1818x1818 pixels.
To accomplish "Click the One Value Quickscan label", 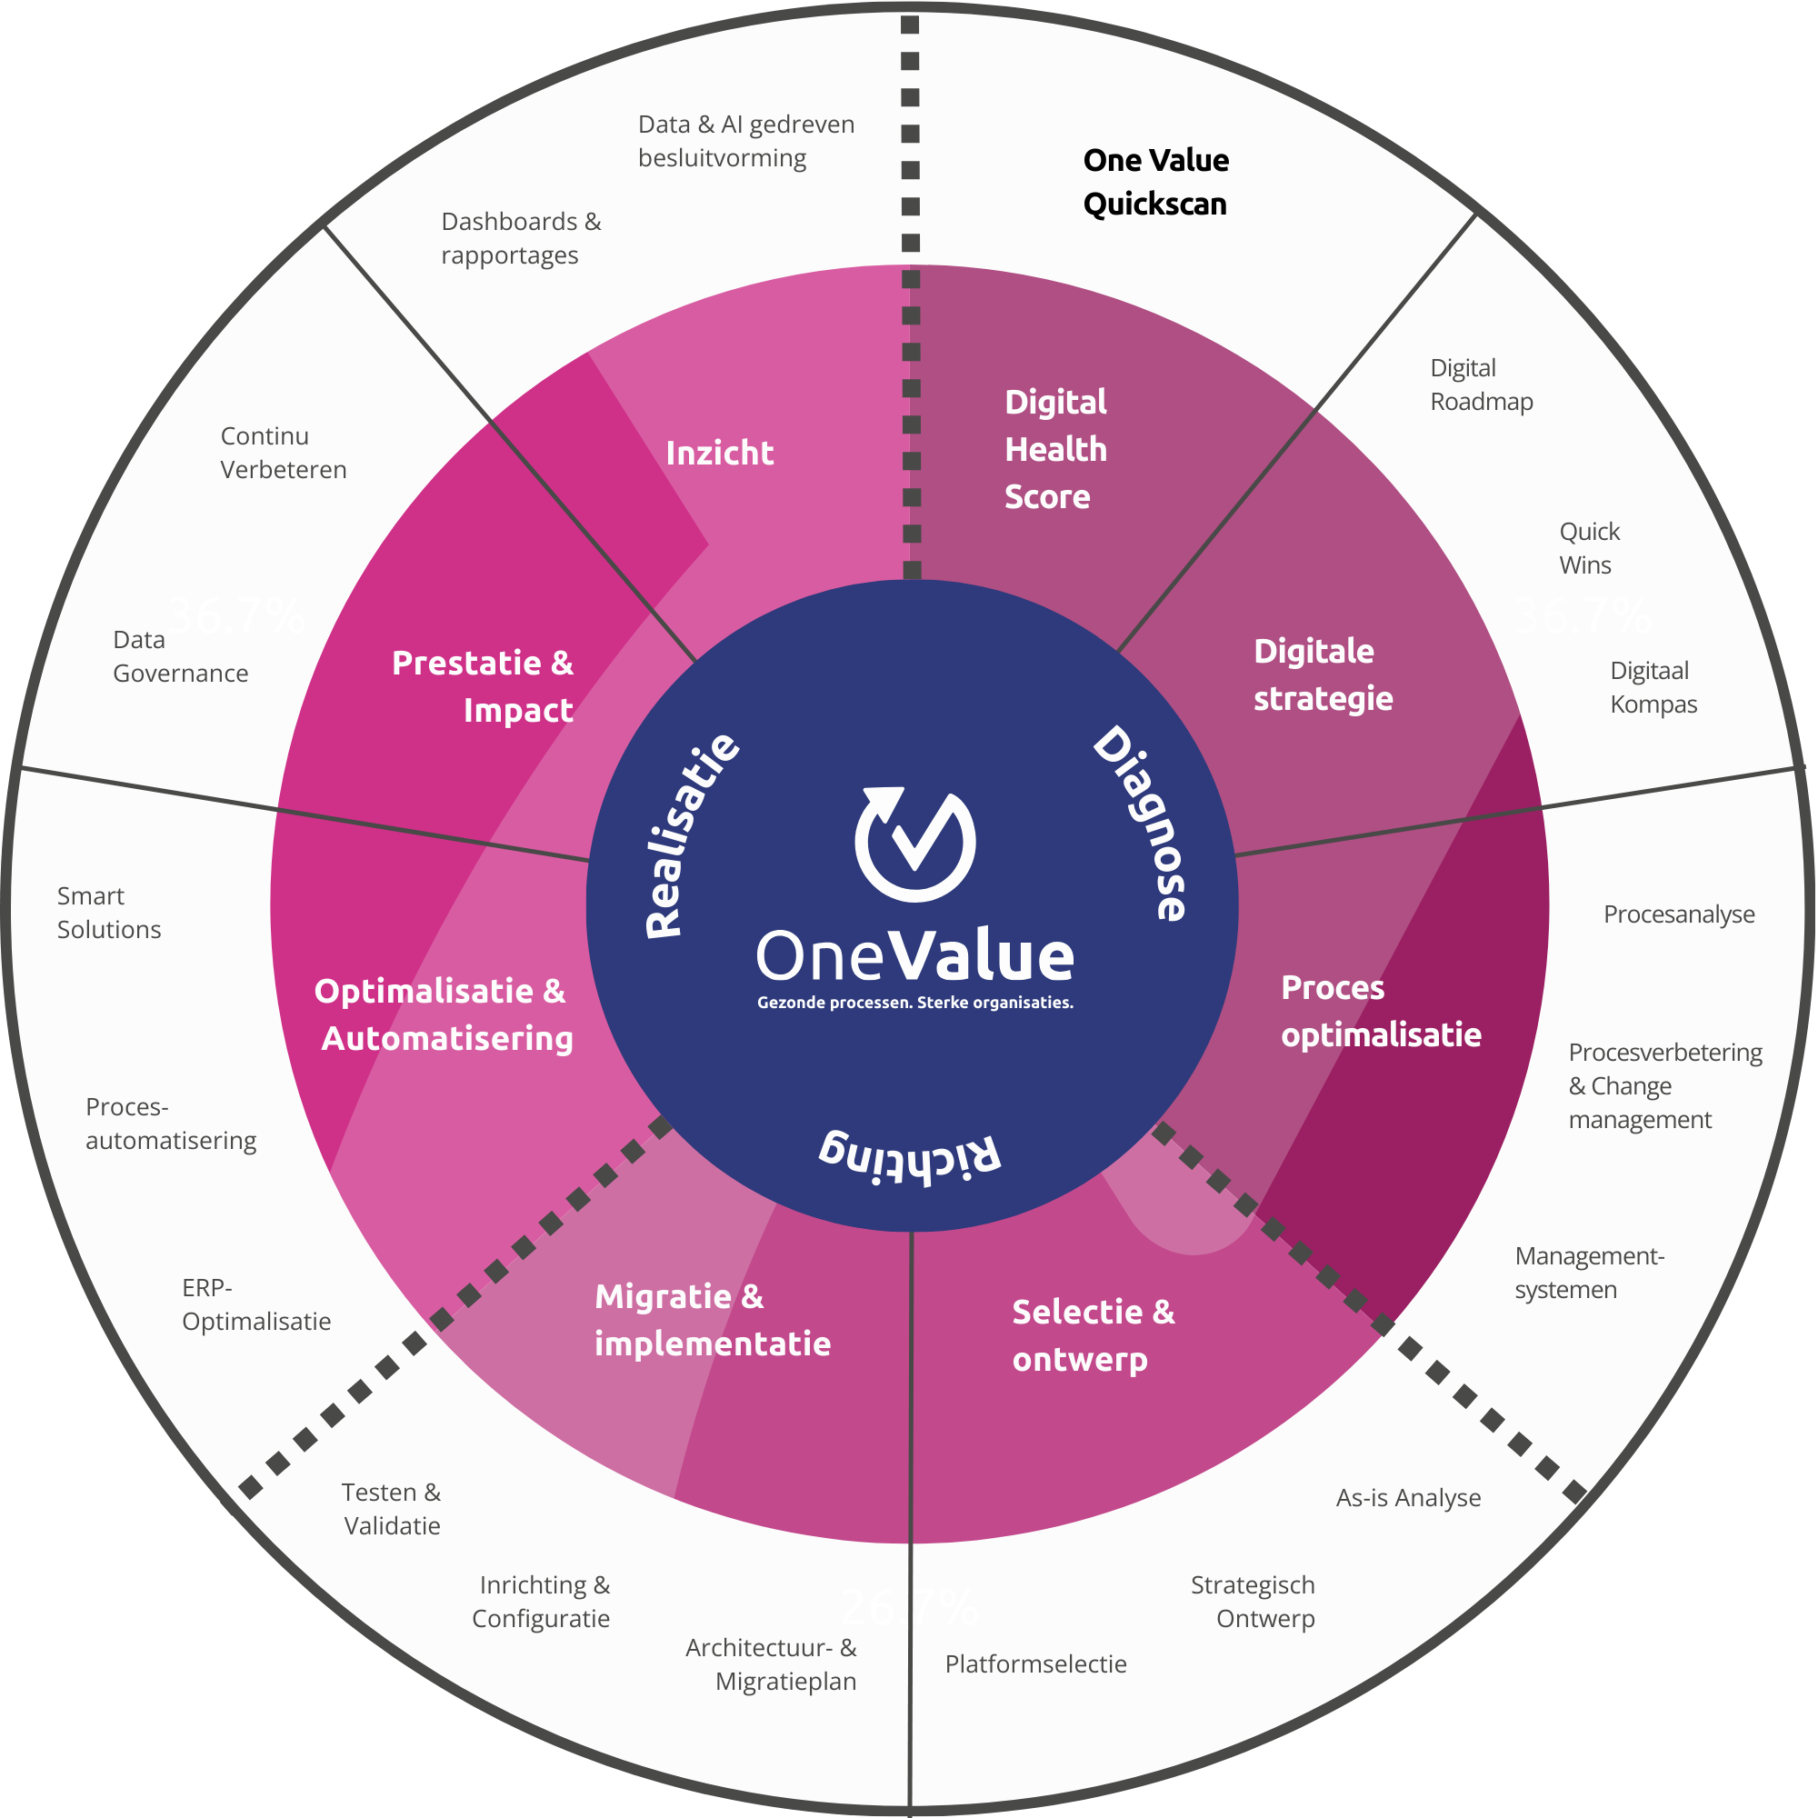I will (1155, 182).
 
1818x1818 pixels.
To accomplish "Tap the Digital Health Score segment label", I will (1054, 450).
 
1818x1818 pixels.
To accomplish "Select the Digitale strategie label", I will (1322, 674).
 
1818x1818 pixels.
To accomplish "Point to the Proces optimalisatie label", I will (1380, 1012).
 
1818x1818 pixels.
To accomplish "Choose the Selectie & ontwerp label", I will (1093, 1335).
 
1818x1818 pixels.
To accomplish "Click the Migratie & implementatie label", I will (713, 1320).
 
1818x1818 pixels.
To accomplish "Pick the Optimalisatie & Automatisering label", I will (444, 1014).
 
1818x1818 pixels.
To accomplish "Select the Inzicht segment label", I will (720, 454).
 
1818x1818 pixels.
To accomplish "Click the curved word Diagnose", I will (1143, 823).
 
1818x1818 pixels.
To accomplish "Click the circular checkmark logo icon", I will (914, 843).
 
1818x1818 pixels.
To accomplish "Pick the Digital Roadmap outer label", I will (1481, 385).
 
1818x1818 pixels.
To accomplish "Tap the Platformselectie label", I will (1035, 1664).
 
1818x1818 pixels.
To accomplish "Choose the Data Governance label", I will (180, 657).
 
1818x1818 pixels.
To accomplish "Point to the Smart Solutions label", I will (108, 913).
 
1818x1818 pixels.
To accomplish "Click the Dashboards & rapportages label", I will (520, 239).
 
